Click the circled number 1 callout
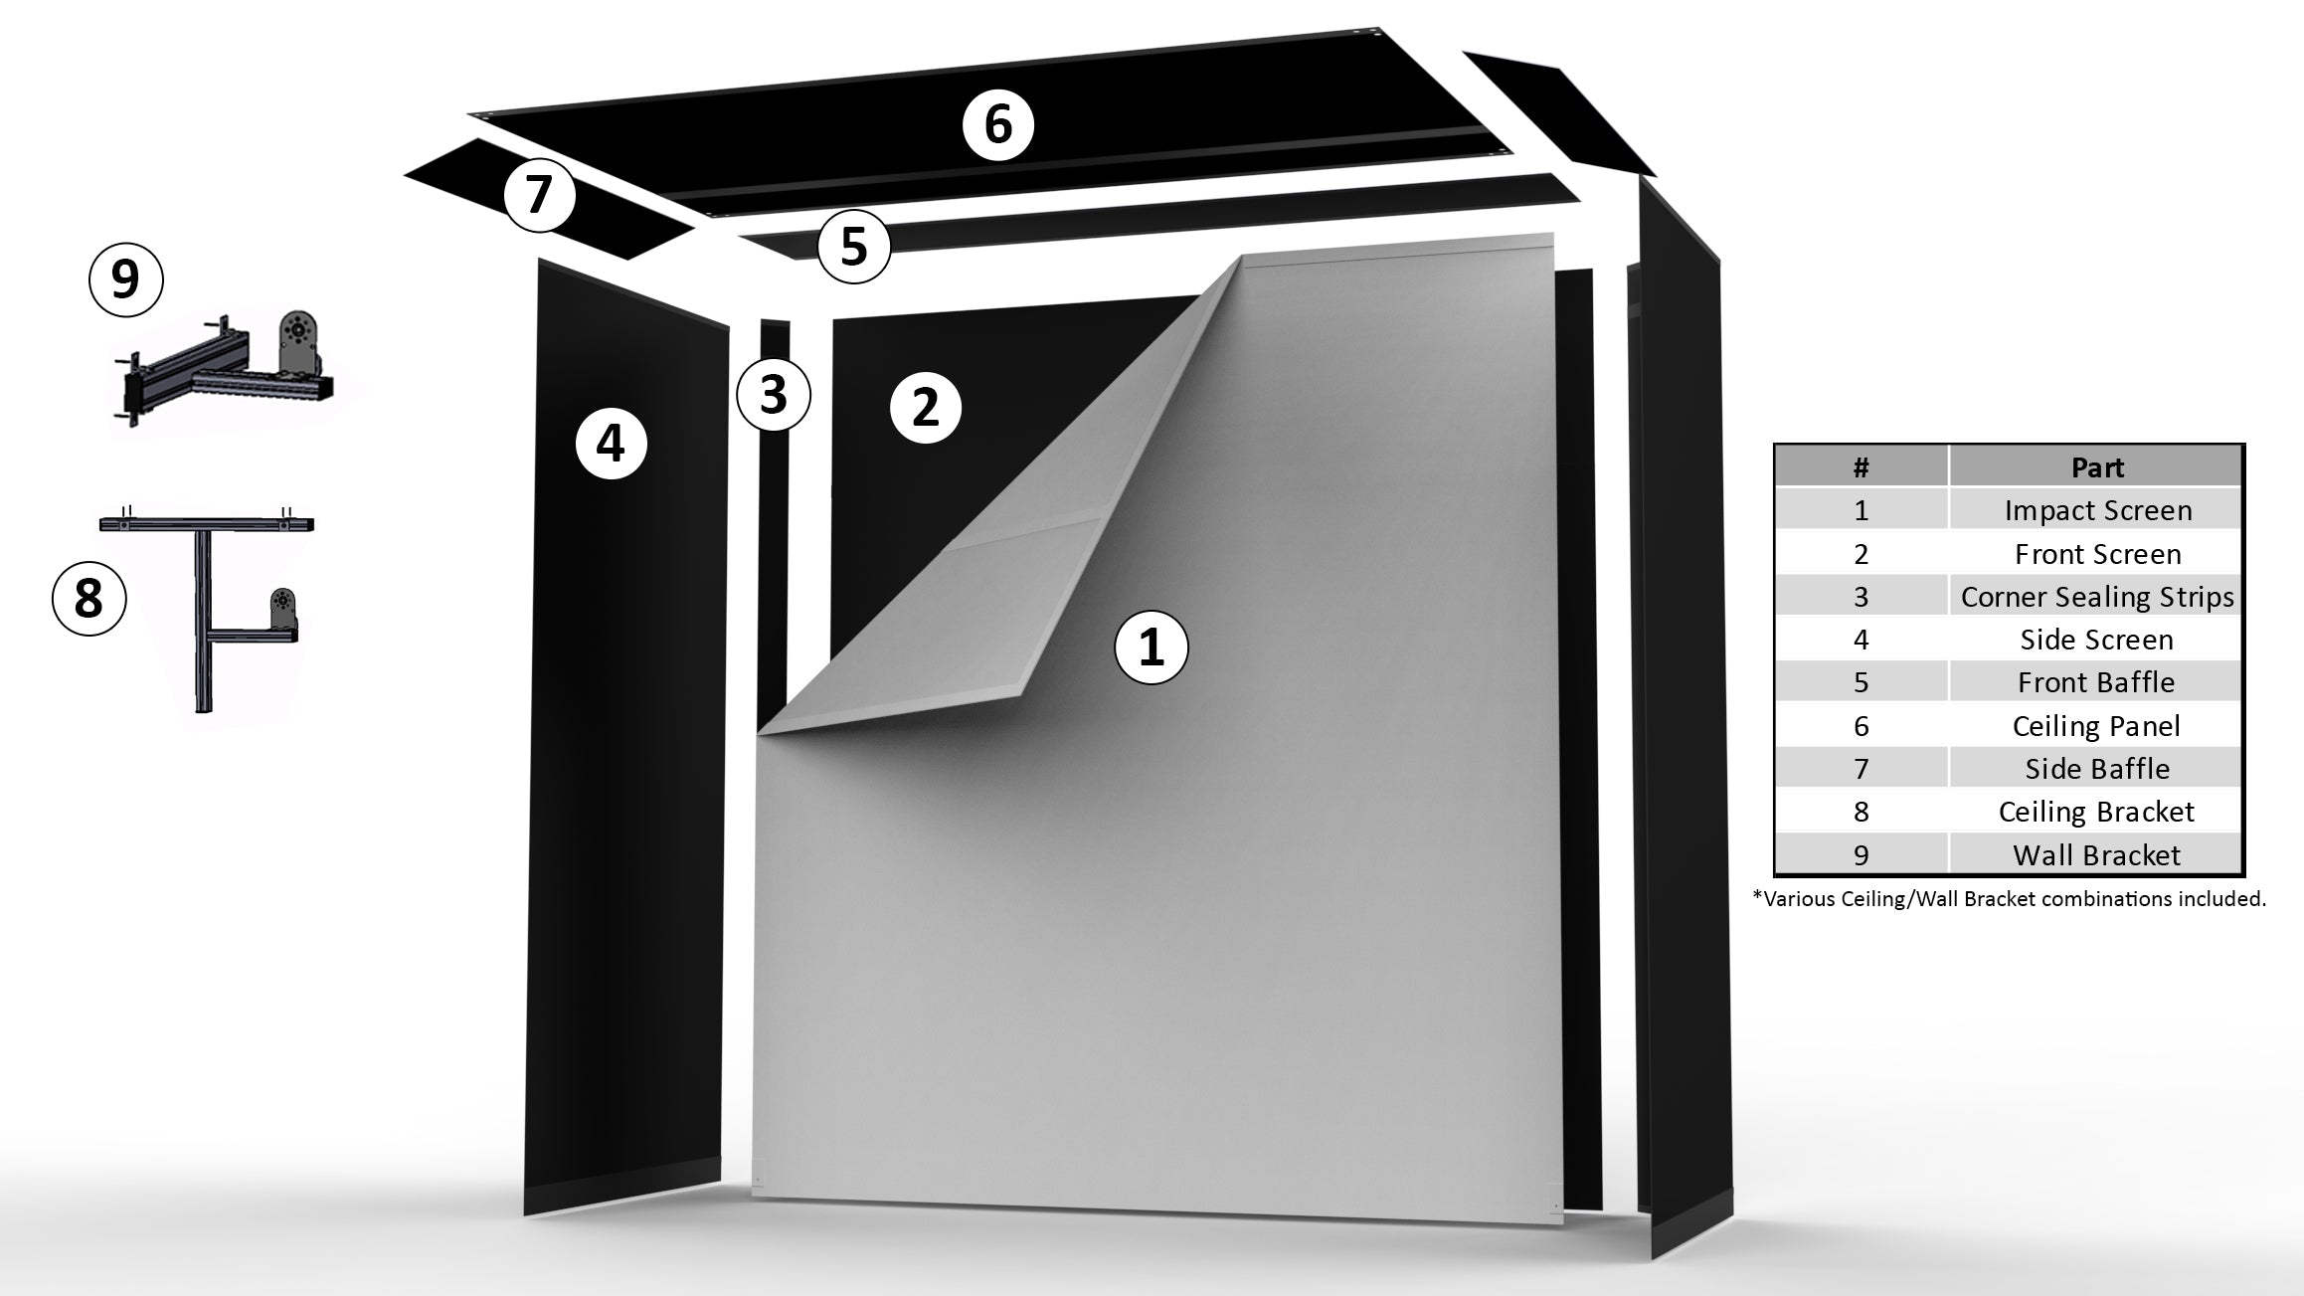pyautogui.click(x=1151, y=648)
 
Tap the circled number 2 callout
pyautogui.click(x=925, y=407)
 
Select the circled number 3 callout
pyautogui.click(x=774, y=394)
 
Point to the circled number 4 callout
pyautogui.click(x=611, y=443)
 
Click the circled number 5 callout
pyautogui.click(x=854, y=246)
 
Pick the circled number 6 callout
pyautogui.click(x=997, y=125)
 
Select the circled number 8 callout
pyautogui.click(x=89, y=599)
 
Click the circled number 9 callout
pyautogui.click(x=125, y=279)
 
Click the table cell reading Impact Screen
pyautogui.click(x=2096, y=510)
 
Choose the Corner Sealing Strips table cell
pyautogui.click(x=2096, y=597)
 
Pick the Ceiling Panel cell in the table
pyautogui.click(x=2096, y=726)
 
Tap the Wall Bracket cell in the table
pyautogui.click(x=2096, y=855)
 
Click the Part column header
pyautogui.click(x=2096, y=467)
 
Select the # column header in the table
pyautogui.click(x=1861, y=467)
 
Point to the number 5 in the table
pyautogui.click(x=1861, y=683)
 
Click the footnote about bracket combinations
pyautogui.click(x=2009, y=899)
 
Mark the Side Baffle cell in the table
pyautogui.click(x=2096, y=769)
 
